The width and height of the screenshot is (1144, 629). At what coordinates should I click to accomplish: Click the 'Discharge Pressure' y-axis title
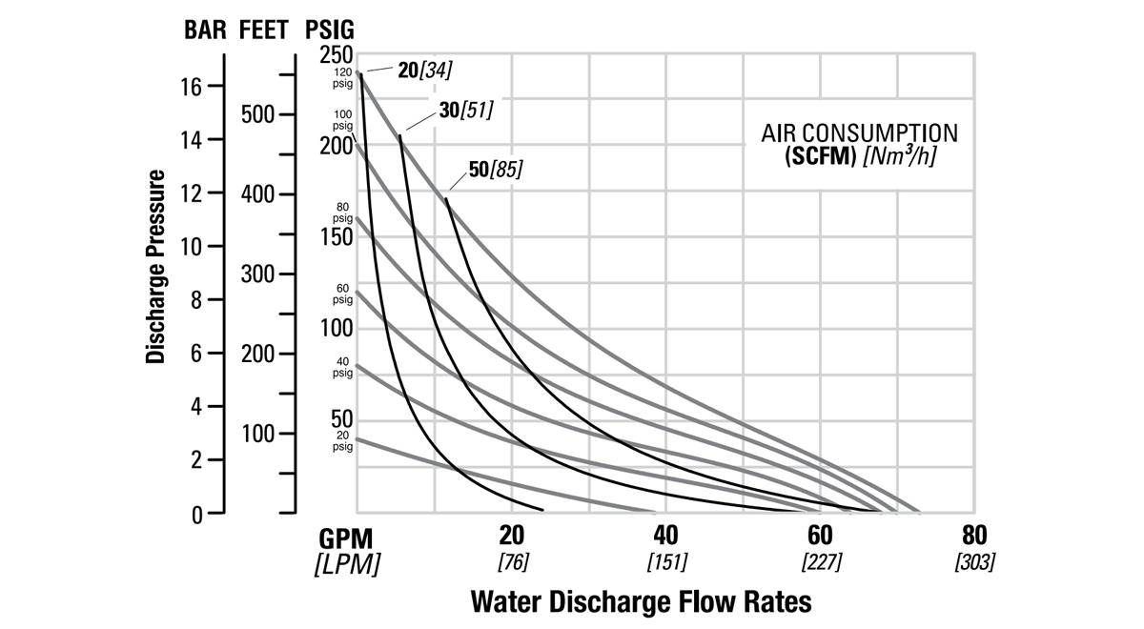157,267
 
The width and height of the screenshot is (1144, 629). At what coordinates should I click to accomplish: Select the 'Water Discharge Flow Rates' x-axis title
642,601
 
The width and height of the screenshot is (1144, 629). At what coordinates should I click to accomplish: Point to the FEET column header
266,29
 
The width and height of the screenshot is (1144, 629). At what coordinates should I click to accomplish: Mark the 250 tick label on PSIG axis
337,56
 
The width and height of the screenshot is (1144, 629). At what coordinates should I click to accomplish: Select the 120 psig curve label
342,77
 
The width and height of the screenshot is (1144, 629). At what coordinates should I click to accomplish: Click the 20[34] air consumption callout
425,70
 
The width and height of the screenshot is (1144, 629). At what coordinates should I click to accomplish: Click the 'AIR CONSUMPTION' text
859,132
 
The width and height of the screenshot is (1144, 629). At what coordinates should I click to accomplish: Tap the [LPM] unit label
346,564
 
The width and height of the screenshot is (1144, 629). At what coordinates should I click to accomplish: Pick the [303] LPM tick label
974,561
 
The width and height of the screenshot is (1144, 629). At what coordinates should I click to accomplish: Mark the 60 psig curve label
342,293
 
